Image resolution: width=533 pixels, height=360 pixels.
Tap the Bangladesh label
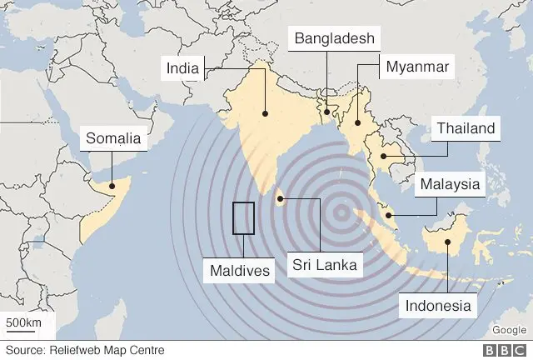[x=332, y=38]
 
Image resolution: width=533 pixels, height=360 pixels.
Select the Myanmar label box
[x=416, y=66]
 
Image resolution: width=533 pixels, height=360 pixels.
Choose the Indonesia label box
[x=439, y=305]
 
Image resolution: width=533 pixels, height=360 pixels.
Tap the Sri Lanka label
[x=324, y=265]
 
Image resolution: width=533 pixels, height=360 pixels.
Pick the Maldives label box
[x=240, y=270]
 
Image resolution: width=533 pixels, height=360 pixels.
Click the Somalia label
[x=113, y=138]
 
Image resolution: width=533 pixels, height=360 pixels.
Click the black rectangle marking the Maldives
[x=243, y=218]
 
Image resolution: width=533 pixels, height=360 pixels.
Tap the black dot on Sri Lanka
[x=281, y=198]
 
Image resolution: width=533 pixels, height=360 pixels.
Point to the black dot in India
[x=265, y=113]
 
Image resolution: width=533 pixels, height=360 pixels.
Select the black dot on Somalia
[x=113, y=181]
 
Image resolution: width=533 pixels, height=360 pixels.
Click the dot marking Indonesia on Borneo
[x=448, y=242]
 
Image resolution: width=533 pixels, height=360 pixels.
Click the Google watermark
[x=508, y=329]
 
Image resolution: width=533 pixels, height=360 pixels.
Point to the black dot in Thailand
[x=383, y=156]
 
